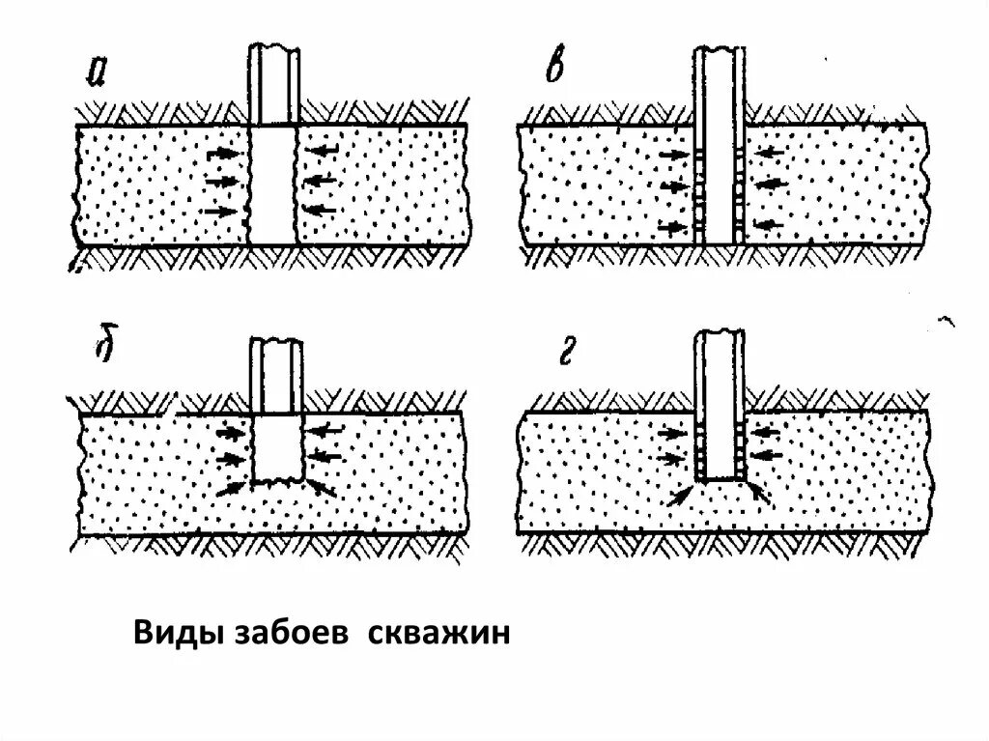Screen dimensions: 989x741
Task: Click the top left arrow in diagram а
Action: point(221,153)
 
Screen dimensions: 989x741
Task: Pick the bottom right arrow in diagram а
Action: point(320,210)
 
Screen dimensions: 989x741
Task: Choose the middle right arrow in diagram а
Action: point(320,181)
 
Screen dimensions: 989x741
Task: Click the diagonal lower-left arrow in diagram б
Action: point(233,489)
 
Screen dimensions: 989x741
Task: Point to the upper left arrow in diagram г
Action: point(674,432)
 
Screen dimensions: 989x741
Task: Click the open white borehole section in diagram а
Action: point(272,184)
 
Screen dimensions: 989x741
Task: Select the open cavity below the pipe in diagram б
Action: point(278,448)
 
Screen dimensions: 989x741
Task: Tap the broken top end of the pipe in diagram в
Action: point(717,50)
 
